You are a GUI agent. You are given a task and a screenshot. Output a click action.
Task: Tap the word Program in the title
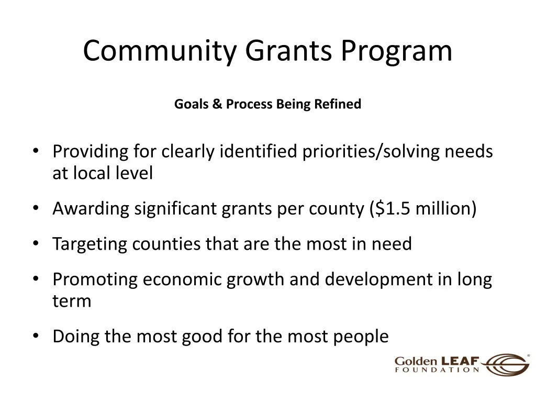pyautogui.click(x=397, y=51)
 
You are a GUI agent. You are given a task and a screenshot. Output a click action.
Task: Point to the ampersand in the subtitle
pyautogui.click(x=217, y=104)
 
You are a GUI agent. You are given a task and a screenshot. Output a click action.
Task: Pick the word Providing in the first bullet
pyautogui.click(x=90, y=152)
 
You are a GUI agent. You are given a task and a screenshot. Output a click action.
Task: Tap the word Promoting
pyautogui.click(x=95, y=280)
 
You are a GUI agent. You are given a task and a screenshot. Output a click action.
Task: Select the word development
pyautogui.click(x=377, y=280)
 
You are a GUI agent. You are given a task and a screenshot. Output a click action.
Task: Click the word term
pyautogui.click(x=72, y=301)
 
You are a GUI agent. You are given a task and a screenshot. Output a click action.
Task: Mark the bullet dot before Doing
pyautogui.click(x=36, y=337)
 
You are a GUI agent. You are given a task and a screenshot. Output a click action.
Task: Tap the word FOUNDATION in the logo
pyautogui.click(x=437, y=370)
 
